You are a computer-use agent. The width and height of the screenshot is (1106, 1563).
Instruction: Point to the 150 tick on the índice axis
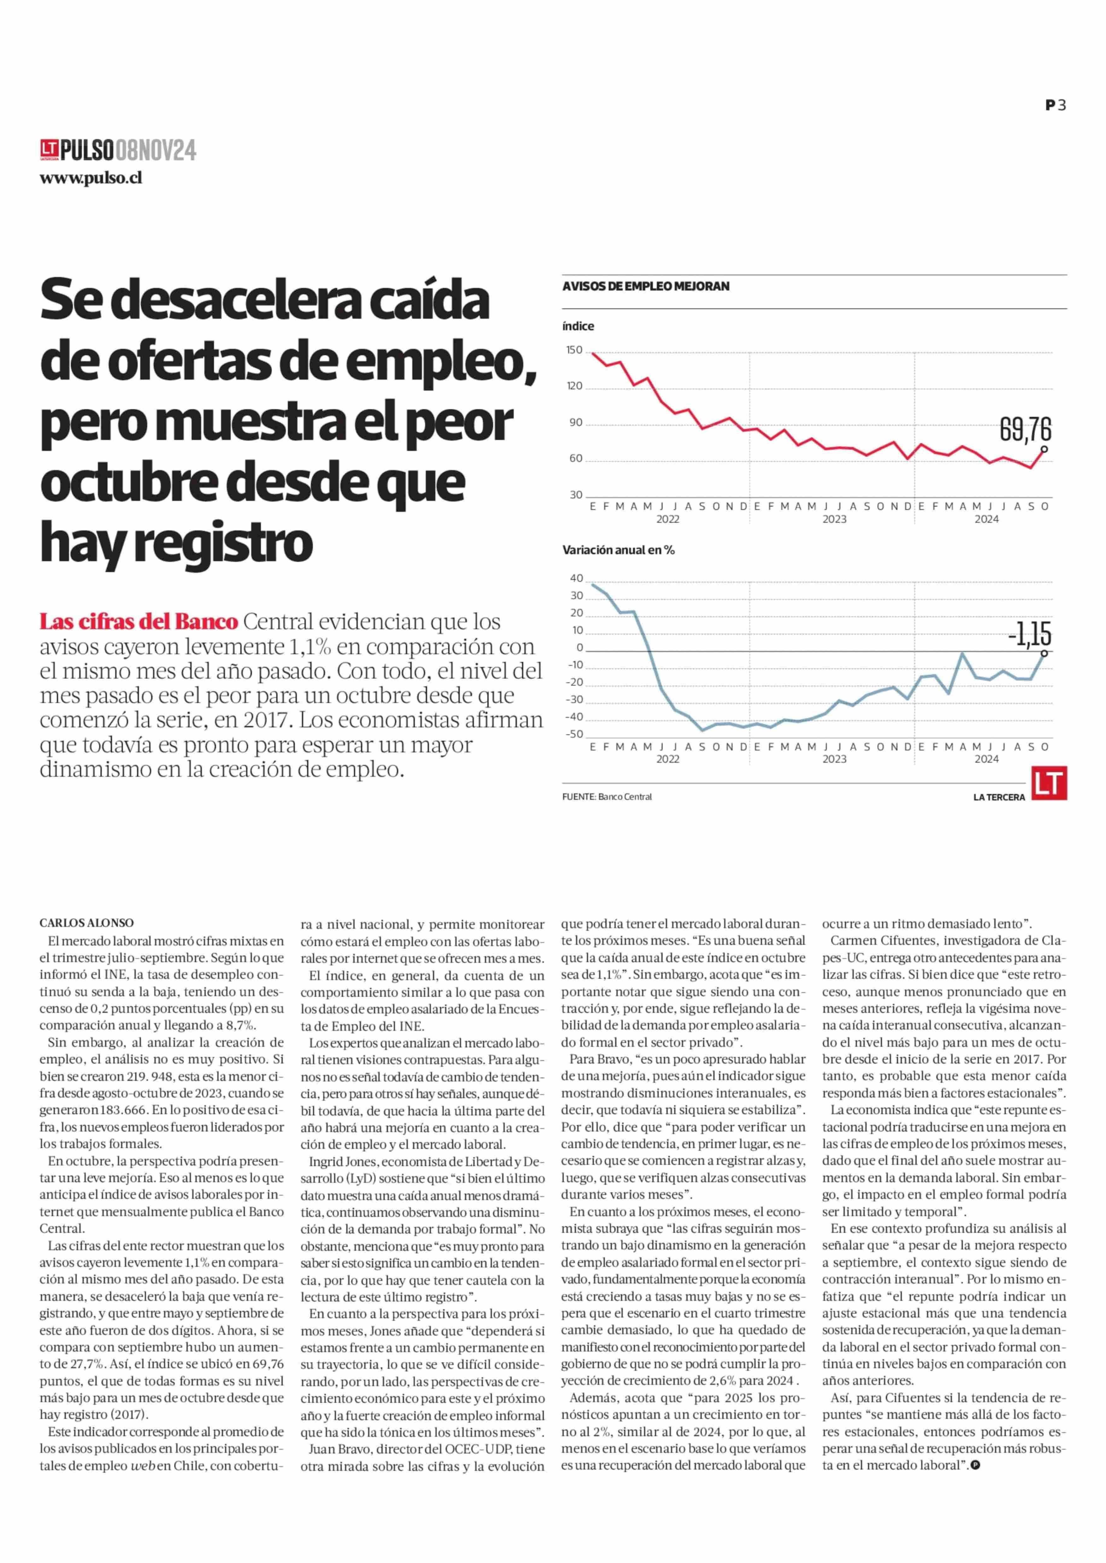[x=574, y=350]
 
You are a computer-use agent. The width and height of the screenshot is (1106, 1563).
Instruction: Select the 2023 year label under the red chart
[x=834, y=519]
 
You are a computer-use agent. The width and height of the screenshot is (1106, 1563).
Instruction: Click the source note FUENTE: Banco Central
[x=607, y=797]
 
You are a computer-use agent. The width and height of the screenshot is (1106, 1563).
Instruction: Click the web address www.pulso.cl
[x=90, y=178]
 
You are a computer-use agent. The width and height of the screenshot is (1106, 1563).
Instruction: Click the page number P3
[x=1056, y=105]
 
